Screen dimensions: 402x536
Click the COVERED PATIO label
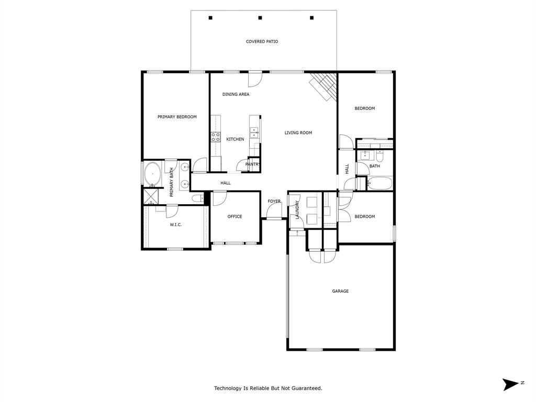262,41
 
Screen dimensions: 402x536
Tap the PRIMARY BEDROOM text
177,117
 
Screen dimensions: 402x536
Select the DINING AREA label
236,95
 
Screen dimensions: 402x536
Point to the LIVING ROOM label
298,133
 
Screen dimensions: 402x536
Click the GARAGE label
340,291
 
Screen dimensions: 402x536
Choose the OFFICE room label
234,216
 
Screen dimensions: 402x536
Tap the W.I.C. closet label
175,225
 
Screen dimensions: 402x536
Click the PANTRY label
253,164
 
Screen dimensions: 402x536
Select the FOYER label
274,201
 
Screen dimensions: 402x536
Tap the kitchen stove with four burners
215,137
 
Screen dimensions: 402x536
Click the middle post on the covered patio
260,18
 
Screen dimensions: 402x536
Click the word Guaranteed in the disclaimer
305,388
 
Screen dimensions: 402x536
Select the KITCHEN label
235,139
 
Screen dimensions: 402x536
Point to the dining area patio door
255,79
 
